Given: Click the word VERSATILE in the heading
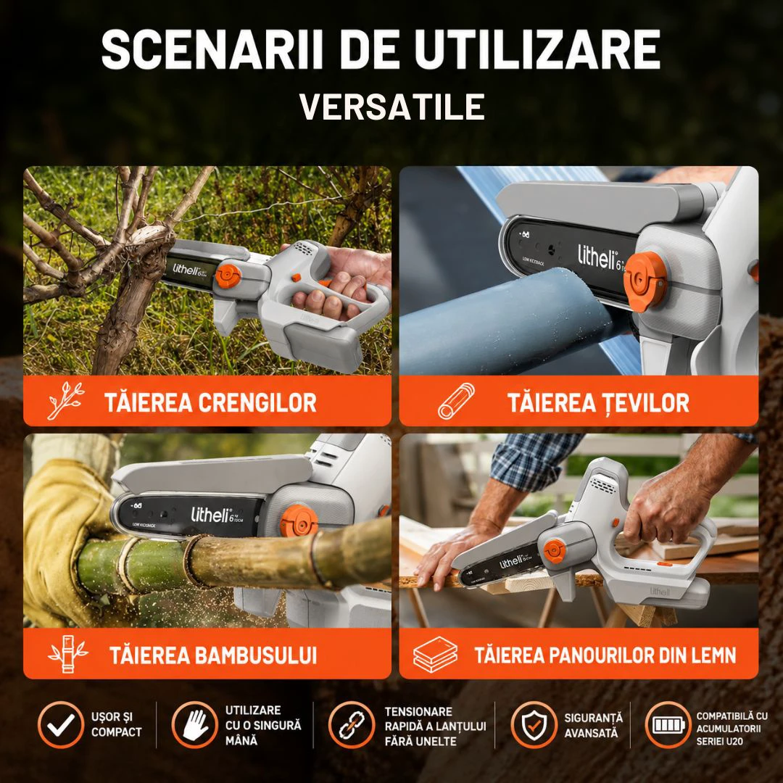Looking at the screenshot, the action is point(392,107).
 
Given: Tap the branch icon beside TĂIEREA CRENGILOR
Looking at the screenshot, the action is point(65,400).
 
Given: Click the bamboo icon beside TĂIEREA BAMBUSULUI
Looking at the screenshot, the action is point(68,654).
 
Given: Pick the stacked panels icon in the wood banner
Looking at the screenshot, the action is point(435,654).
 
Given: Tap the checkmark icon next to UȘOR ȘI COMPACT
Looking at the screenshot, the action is point(61,724).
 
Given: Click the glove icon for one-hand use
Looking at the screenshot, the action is point(195,724).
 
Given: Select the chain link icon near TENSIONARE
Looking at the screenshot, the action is point(352,724).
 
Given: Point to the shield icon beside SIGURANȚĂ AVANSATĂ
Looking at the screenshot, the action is point(534,724).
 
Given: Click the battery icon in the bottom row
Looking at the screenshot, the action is point(668,724).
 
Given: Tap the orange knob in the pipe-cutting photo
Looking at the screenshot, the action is point(645,281).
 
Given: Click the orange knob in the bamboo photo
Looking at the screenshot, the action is point(299,521).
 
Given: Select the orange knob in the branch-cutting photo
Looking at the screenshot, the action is point(228,276).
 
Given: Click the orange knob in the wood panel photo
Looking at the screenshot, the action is point(554,551).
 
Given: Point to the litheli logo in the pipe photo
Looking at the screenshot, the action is point(597,257).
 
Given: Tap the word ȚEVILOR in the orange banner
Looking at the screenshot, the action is point(645,403).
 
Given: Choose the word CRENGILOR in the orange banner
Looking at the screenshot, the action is point(257,402).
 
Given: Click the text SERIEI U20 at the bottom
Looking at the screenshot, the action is point(720,742).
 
